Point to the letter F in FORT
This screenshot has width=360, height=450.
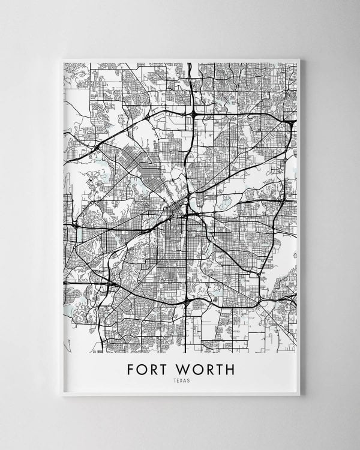131,369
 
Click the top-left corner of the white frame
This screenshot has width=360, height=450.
62,59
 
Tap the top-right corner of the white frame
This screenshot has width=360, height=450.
299,59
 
